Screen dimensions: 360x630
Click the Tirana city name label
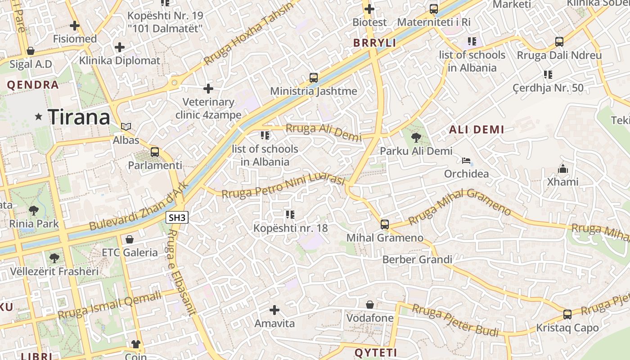pyautogui.click(x=79, y=117)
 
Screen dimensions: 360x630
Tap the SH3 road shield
pyautogui.click(x=177, y=218)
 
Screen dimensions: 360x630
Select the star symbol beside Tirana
pyautogui.click(x=39, y=117)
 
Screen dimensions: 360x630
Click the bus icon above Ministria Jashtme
pyautogui.click(x=314, y=77)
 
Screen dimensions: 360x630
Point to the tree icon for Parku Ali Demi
pyautogui.click(x=416, y=138)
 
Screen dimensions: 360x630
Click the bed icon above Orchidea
pyautogui.click(x=466, y=161)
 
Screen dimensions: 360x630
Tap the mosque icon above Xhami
pyautogui.click(x=562, y=169)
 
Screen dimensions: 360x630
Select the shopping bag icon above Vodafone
pyautogui.click(x=370, y=305)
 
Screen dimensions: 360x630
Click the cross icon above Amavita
pyautogui.click(x=274, y=310)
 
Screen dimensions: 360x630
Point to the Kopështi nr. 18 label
pyautogui.click(x=290, y=228)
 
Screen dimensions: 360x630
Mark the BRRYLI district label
pyautogui.click(x=374, y=43)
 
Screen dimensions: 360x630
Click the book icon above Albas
pyautogui.click(x=126, y=127)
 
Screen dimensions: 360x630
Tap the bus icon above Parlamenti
pyautogui.click(x=155, y=152)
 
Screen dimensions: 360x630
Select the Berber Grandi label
pyautogui.click(x=417, y=260)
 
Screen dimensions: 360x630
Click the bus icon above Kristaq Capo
pyautogui.click(x=567, y=314)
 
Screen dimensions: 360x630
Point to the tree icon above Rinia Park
pyautogui.click(x=34, y=210)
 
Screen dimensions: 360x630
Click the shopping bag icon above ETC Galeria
pyautogui.click(x=130, y=239)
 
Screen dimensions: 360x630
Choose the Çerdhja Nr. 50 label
pyautogui.click(x=548, y=88)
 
